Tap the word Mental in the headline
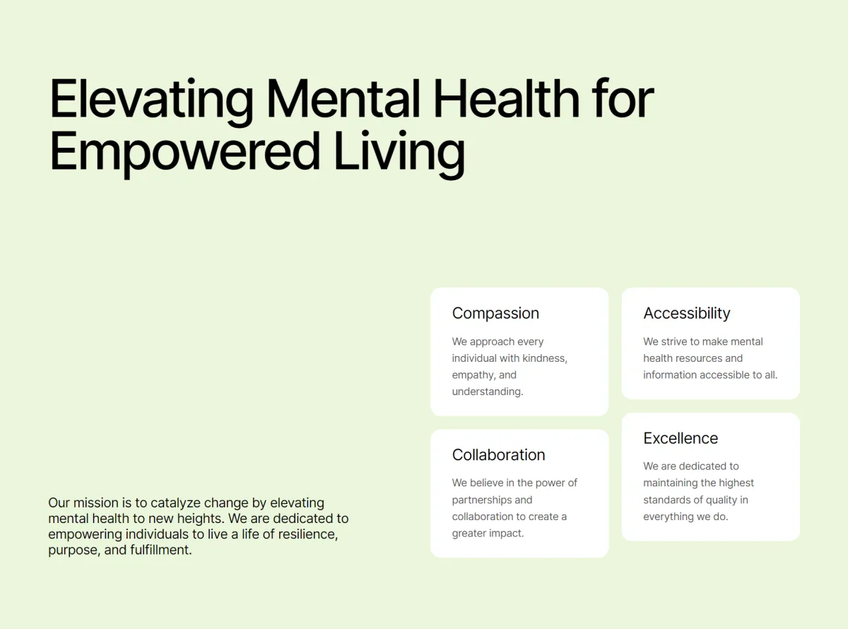click(x=343, y=98)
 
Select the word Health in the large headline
click(x=506, y=98)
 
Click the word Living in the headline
click(x=399, y=153)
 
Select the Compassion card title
click(x=495, y=314)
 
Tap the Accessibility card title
click(x=687, y=314)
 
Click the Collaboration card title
click(x=499, y=454)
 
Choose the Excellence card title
click(x=681, y=438)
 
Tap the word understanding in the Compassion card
click(x=488, y=392)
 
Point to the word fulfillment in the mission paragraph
click(x=161, y=551)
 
